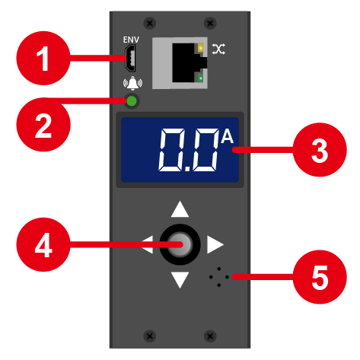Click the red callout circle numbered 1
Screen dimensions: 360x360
coord(43,58)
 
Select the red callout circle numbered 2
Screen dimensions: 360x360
coord(43,125)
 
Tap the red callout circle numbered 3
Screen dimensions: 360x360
coord(320,150)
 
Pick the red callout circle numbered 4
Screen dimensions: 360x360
coord(43,244)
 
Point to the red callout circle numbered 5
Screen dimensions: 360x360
coord(320,277)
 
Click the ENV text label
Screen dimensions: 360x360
coord(131,40)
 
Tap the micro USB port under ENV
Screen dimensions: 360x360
coord(130,58)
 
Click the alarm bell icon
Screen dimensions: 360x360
coord(132,83)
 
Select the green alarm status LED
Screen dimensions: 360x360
coord(132,101)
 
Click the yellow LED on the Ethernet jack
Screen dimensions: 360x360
coord(201,47)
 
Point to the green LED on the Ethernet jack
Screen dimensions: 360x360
coord(201,78)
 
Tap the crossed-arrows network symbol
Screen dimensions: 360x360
coord(218,49)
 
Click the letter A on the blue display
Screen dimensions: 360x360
coord(227,136)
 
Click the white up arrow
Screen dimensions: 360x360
coord(180,209)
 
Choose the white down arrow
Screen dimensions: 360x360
coord(180,280)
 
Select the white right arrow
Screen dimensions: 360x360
coord(215,244)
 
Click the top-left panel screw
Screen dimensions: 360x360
coord(150,24)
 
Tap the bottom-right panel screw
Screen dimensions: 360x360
coord(210,336)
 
